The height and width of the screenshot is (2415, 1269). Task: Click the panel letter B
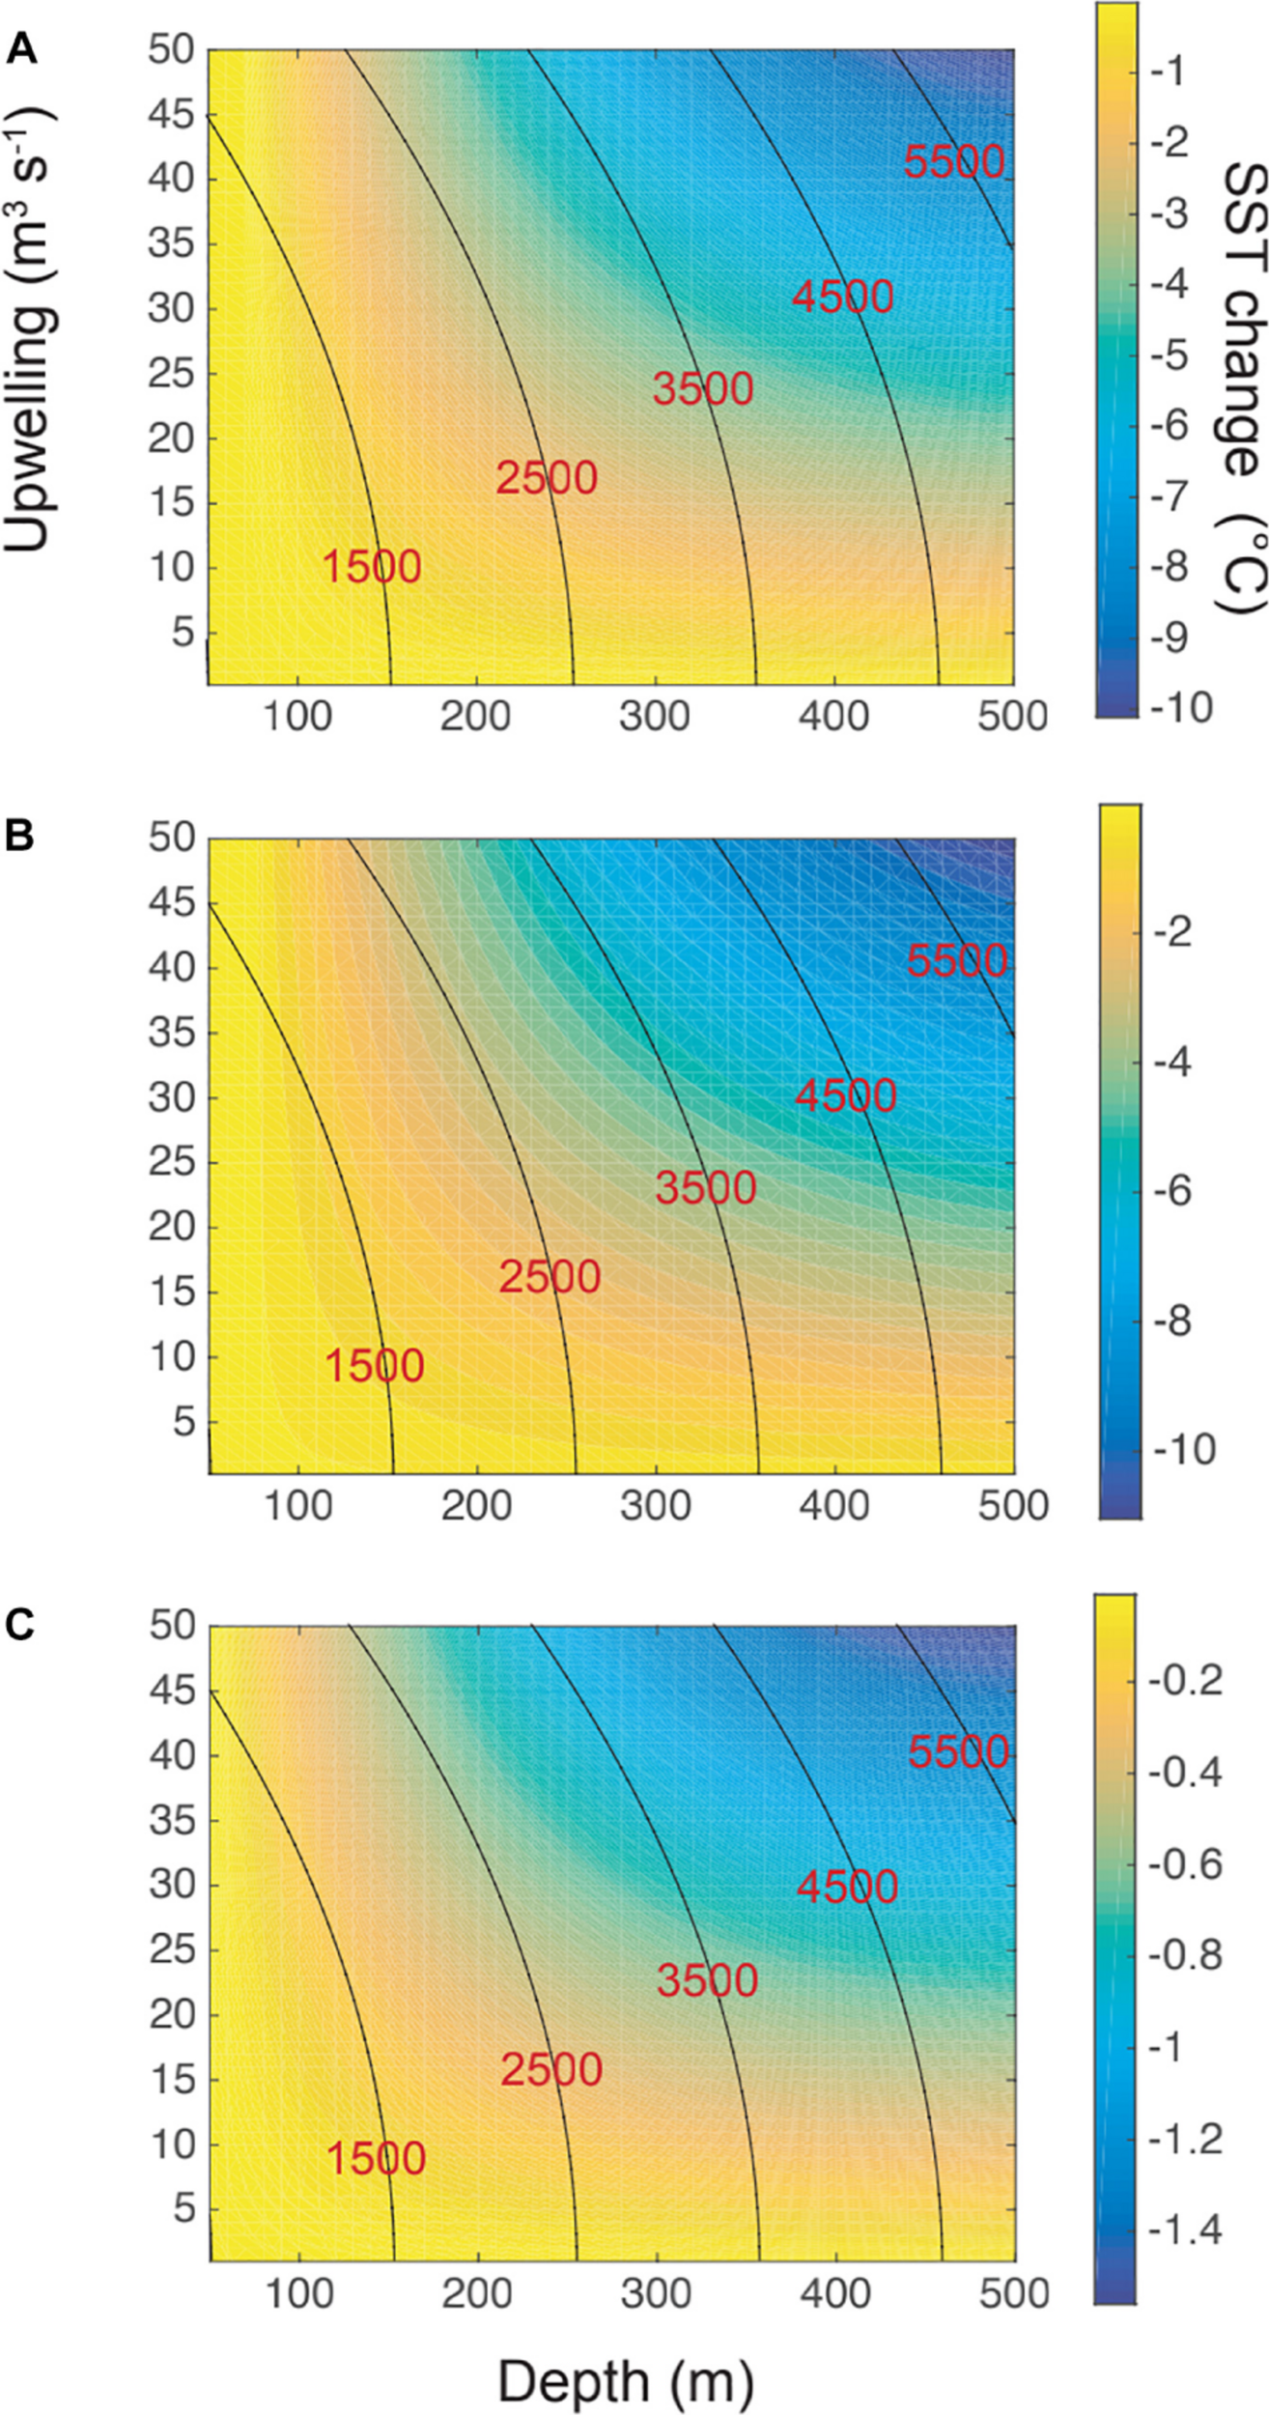20,837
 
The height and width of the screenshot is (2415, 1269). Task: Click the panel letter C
21,1626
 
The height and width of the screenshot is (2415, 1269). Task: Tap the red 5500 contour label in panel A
954,161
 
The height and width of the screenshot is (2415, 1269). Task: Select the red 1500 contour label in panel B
375,1366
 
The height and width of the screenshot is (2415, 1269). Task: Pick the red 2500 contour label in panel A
547,478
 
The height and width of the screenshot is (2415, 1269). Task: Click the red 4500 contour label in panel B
846,1095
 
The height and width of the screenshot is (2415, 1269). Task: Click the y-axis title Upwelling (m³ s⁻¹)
29,328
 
